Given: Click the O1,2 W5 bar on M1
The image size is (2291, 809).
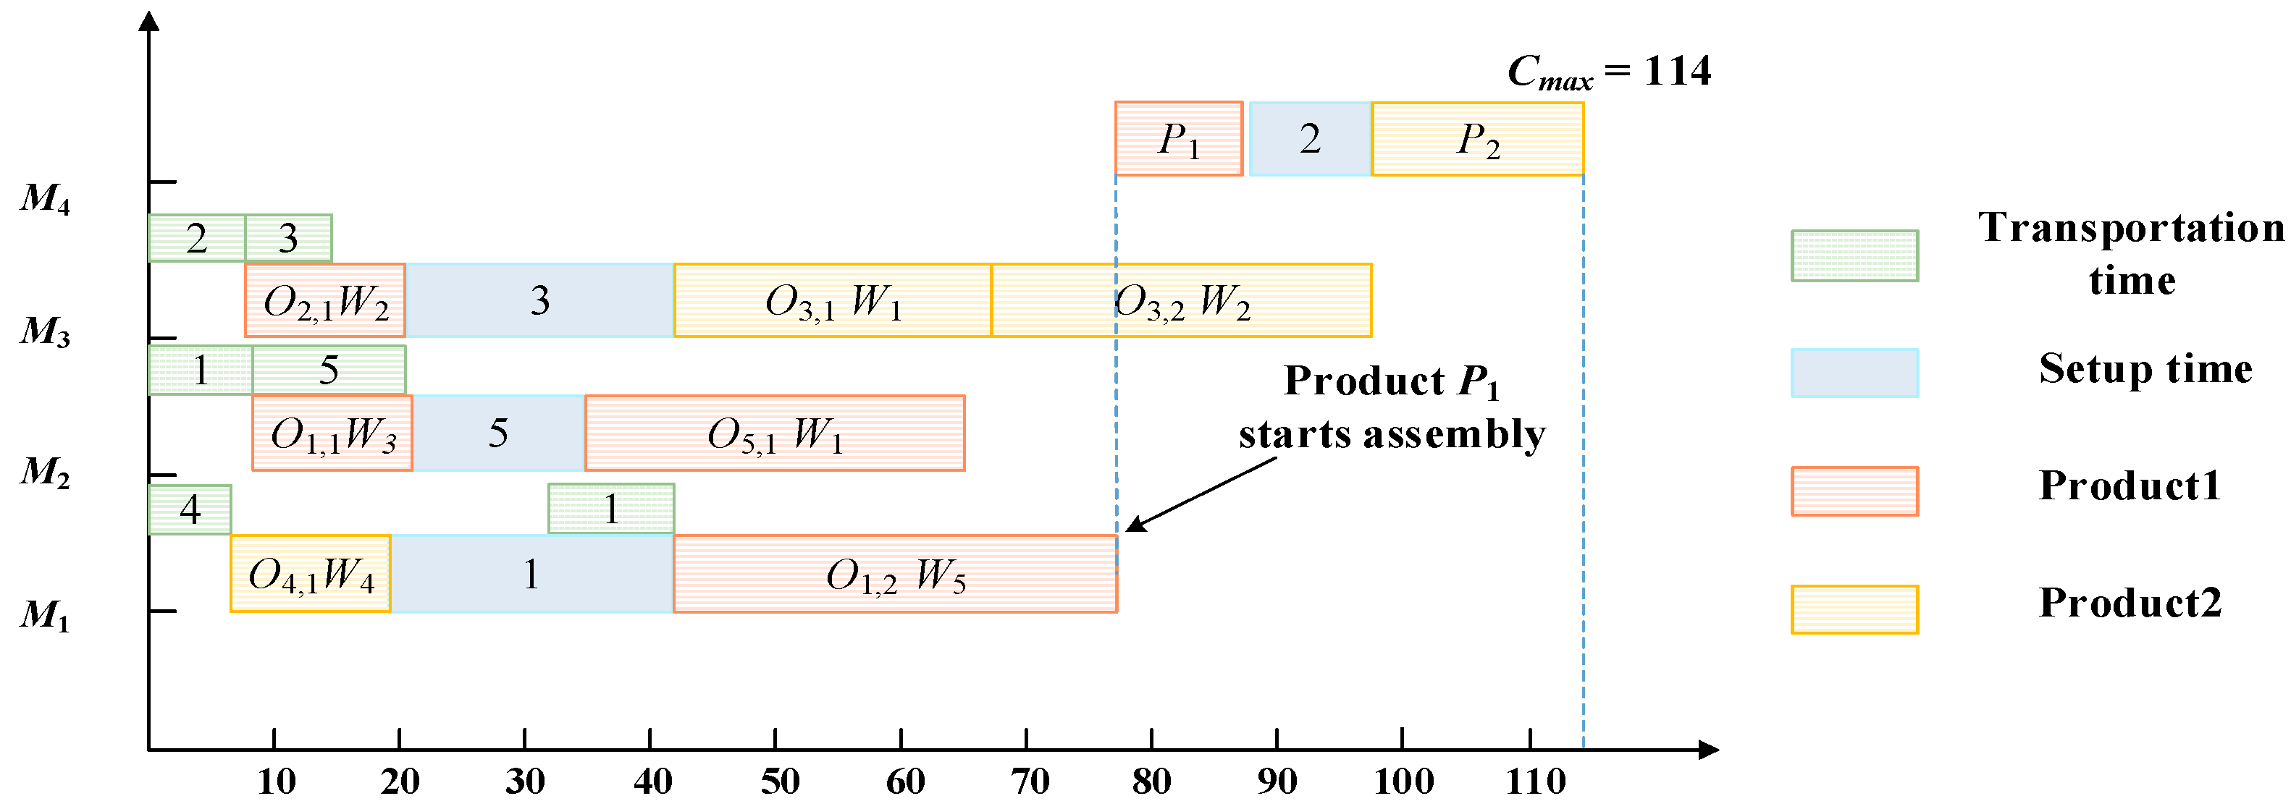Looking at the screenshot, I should [895, 575].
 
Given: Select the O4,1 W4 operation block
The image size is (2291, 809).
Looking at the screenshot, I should [311, 575].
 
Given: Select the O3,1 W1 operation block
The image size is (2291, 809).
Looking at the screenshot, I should [833, 300].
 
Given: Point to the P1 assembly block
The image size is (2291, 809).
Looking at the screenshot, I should [1178, 140].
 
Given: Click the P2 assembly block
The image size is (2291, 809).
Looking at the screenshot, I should [1477, 140].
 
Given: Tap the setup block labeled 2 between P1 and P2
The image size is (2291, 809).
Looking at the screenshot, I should [1310, 140].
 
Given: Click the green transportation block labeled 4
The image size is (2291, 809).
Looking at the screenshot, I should [190, 509].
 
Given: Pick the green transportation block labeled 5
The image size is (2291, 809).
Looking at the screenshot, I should [329, 370].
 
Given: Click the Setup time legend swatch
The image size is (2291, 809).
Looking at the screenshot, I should [1854, 373].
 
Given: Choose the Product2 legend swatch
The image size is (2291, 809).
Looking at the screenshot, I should [1854, 610].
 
